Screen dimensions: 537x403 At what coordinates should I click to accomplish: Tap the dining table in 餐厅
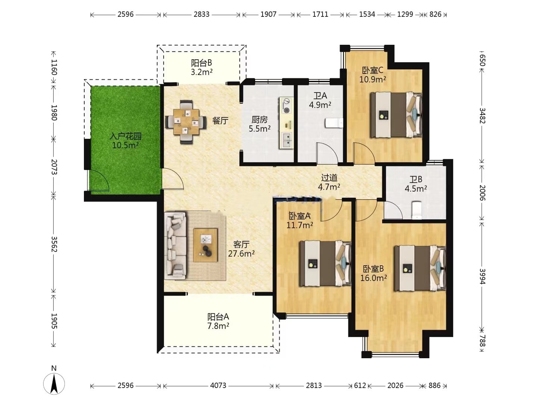point(186,122)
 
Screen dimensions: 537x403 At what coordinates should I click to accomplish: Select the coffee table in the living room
point(205,245)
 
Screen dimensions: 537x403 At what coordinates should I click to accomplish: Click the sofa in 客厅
point(175,246)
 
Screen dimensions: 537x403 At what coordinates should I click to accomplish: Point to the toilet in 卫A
point(334,123)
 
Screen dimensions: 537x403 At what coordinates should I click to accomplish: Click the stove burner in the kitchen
point(286,106)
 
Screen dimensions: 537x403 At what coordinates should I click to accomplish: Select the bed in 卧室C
point(396,115)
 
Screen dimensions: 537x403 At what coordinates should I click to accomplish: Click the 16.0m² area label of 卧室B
point(374,278)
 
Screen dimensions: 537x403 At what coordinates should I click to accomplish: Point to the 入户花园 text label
point(125,136)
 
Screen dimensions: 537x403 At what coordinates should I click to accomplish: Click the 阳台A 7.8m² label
point(218,321)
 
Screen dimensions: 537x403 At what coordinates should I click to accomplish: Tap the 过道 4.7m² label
point(329,182)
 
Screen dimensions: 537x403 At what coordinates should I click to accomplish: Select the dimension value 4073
point(218,385)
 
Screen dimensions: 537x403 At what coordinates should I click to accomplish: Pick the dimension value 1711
point(320,15)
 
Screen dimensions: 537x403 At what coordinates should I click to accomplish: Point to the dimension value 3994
point(482,277)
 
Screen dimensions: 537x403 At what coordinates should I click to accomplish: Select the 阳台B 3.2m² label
point(202,67)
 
